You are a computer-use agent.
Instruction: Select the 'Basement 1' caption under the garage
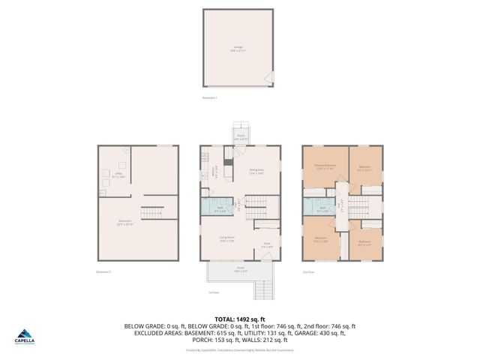(210, 98)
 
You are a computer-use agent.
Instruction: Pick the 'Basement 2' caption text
(103, 271)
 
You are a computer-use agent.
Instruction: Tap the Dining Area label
(256, 171)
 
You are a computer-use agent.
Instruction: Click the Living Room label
(226, 239)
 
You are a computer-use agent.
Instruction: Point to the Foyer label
(266, 244)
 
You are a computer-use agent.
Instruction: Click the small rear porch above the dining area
(241, 138)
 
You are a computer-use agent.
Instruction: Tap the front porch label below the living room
(241, 269)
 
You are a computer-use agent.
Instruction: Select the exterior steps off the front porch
(263, 288)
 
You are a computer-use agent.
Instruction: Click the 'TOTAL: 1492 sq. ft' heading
(240, 319)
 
